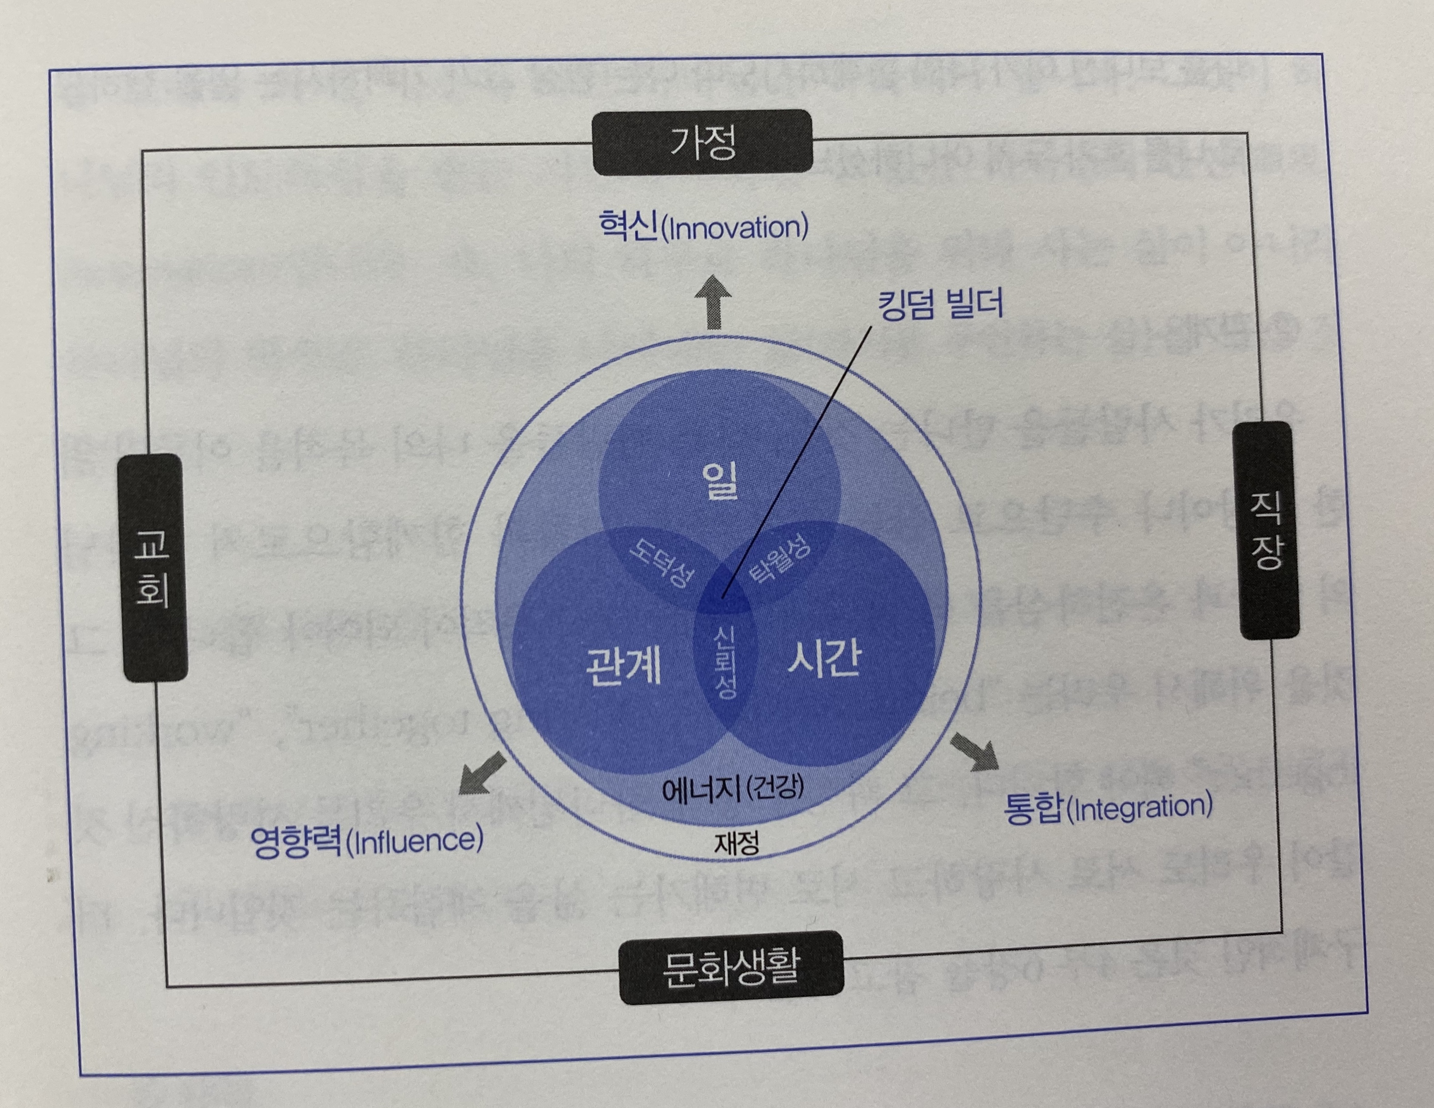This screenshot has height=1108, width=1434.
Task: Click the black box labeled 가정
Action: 702,142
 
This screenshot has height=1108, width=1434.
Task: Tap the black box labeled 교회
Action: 152,568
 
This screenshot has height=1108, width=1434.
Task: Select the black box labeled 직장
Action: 1267,530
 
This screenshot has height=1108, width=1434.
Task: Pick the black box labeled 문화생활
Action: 731,967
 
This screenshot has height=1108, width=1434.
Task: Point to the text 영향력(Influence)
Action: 367,841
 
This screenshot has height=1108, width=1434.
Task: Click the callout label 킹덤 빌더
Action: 940,304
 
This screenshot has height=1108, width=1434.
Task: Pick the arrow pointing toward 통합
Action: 974,752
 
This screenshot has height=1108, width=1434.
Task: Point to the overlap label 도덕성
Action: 661,562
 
